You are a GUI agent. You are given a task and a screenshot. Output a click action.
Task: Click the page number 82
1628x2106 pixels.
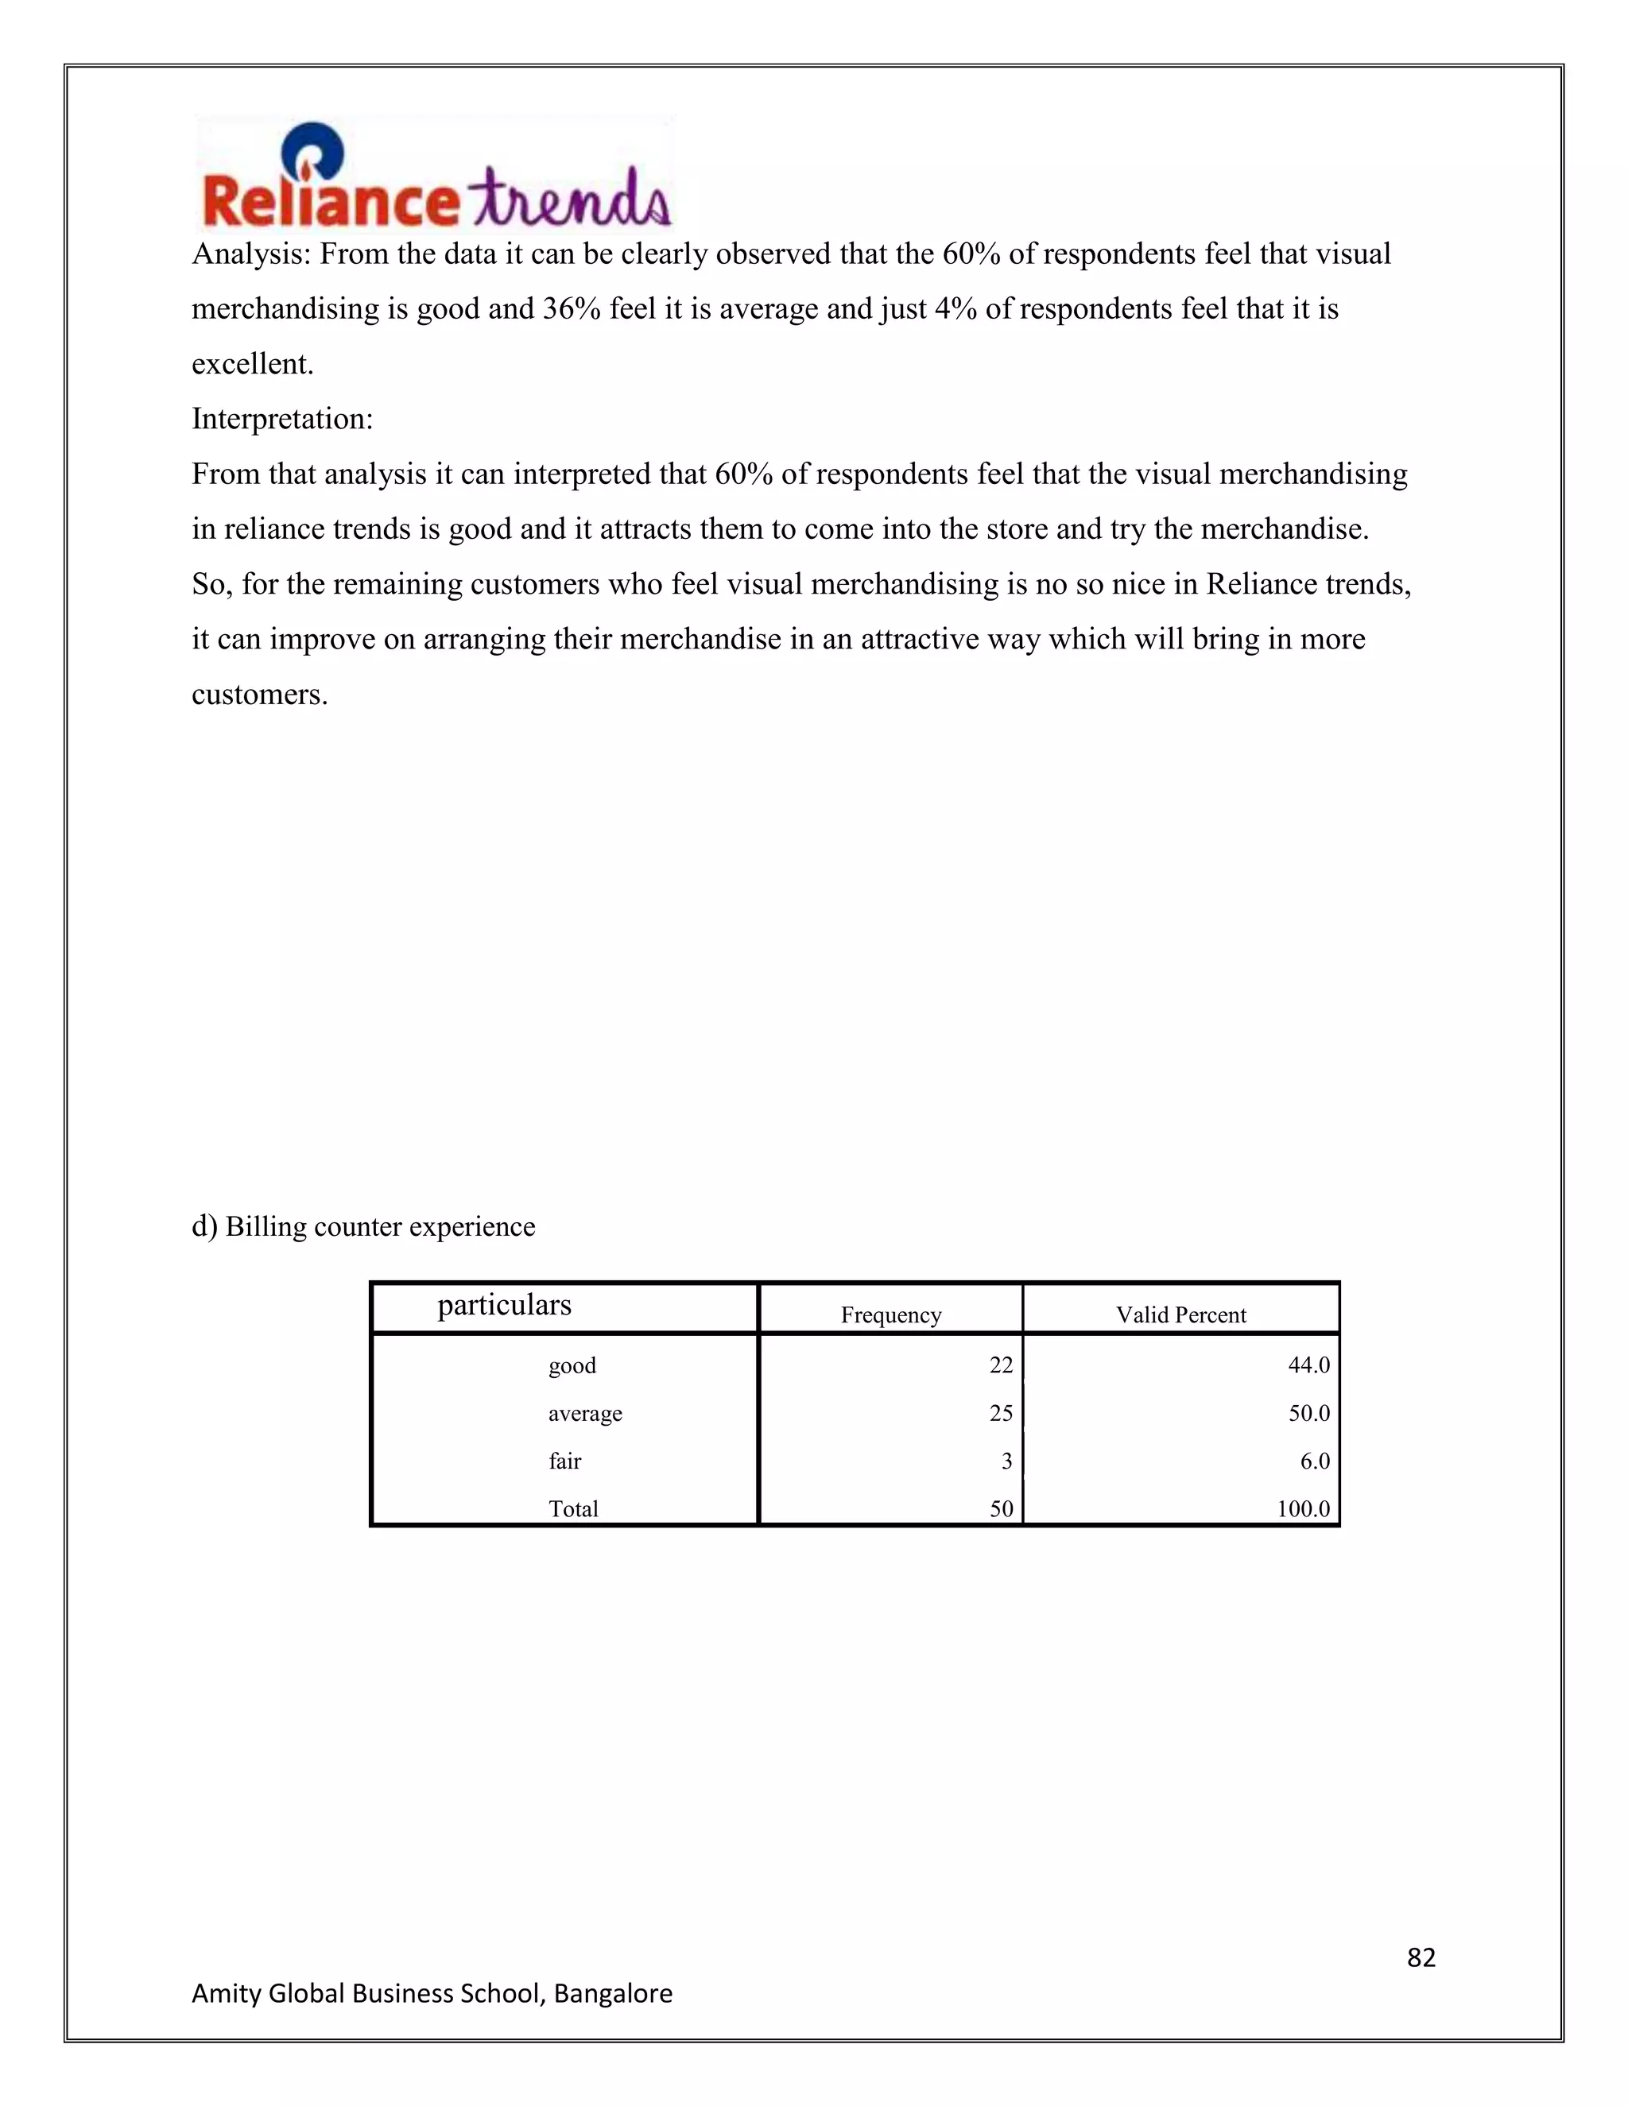tap(1421, 1957)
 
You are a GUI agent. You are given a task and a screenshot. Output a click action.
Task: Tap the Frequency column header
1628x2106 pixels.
tap(890, 1314)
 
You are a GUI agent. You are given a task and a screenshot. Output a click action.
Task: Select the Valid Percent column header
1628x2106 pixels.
tap(1180, 1314)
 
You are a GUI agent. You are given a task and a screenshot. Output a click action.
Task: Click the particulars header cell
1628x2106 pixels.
tap(505, 1305)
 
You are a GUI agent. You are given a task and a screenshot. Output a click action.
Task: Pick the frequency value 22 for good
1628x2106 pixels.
tap(1000, 1365)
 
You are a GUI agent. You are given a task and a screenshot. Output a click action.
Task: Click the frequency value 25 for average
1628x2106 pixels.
tap(1000, 1413)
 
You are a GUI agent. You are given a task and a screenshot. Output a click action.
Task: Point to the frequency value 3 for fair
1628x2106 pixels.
tap(1006, 1461)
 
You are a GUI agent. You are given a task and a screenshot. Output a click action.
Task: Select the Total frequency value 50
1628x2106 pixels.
tap(1000, 1509)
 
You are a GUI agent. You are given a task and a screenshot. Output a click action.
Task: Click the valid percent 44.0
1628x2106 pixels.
tap(1308, 1365)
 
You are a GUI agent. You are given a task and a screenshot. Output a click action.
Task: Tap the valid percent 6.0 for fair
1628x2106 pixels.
tap(1315, 1461)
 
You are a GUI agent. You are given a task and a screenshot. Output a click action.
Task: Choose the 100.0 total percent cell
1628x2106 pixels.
tap(1303, 1509)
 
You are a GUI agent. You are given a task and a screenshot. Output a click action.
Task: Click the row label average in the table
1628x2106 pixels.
tap(584, 1413)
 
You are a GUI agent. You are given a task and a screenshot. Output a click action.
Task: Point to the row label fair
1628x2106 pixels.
tap(564, 1461)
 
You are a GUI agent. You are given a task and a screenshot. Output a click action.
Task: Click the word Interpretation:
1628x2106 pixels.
tap(281, 419)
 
